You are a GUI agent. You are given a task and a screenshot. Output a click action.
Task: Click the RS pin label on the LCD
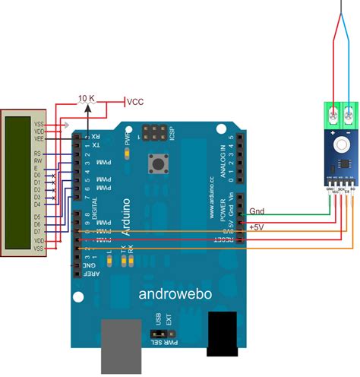coord(38,153)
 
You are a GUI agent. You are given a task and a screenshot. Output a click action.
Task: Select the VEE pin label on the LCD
coord(38,139)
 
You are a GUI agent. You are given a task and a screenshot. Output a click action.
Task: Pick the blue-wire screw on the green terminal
coord(348,116)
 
